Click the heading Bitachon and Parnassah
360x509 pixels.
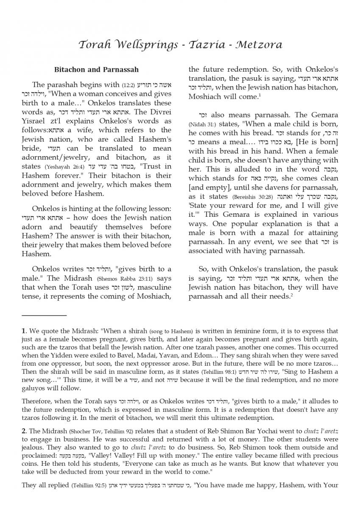click(x=96, y=70)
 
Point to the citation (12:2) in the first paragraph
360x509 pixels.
click(x=128, y=85)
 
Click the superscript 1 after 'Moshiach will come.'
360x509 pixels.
click(x=260, y=95)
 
